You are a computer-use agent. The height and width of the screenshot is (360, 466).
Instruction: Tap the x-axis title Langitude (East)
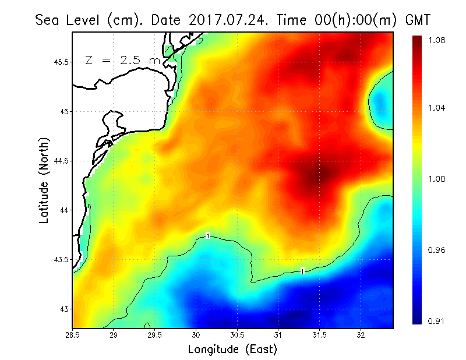pos(232,350)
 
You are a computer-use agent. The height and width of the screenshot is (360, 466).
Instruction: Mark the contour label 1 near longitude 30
pos(208,235)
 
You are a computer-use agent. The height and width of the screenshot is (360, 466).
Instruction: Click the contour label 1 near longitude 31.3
pos(303,271)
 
